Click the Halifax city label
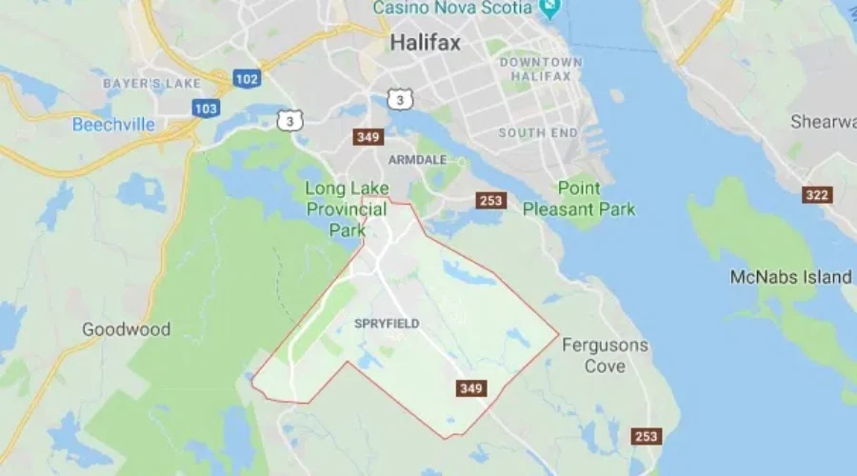[425, 43]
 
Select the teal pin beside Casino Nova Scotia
[548, 9]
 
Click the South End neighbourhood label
[539, 133]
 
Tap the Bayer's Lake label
[151, 84]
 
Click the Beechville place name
[114, 124]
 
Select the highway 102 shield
[246, 79]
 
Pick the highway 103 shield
[206, 109]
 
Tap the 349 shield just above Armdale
[368, 137]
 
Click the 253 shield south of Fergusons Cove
[646, 436]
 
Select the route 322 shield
[817, 195]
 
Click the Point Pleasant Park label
[579, 198]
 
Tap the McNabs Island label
[790, 277]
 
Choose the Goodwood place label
[126, 329]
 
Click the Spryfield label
[387, 324]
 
